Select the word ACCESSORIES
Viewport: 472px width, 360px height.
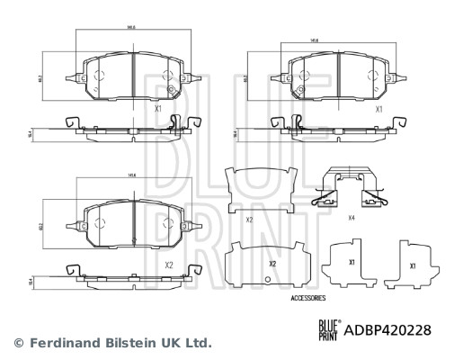point(308,297)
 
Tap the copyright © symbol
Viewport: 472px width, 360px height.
point(17,343)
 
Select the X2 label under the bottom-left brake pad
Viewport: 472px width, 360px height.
point(168,265)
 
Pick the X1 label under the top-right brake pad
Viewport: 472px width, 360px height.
point(378,109)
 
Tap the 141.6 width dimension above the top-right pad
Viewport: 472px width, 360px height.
point(315,40)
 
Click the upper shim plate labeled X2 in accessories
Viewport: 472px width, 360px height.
point(263,193)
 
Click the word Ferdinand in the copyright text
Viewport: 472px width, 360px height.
point(61,343)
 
